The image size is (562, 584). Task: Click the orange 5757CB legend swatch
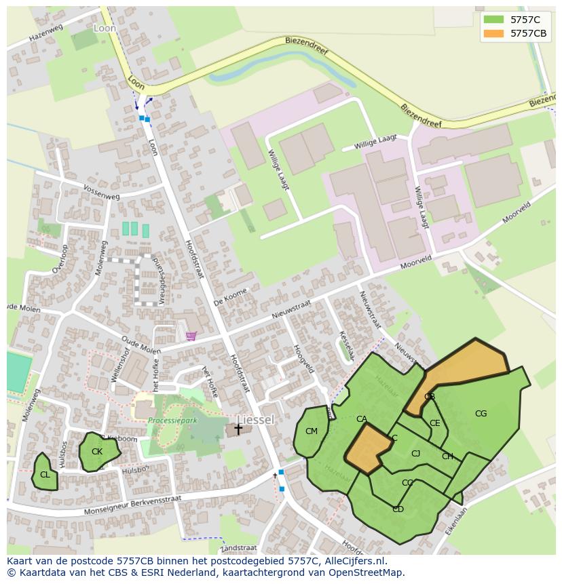[x=493, y=33]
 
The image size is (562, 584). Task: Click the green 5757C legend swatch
[x=493, y=20]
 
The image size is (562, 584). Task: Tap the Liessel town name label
[x=256, y=420]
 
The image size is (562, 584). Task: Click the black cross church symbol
[x=238, y=429]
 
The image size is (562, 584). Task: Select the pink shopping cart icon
[x=191, y=336]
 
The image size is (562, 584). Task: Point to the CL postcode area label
[x=45, y=475]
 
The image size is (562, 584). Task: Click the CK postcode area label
[x=97, y=452]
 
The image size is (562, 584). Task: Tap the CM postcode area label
[x=312, y=431]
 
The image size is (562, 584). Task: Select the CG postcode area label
[x=481, y=414]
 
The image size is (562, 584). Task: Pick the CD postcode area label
[x=398, y=509]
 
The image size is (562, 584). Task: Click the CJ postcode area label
[x=415, y=454]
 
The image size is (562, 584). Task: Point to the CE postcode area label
[x=435, y=423]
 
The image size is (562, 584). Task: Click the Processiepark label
[x=172, y=421]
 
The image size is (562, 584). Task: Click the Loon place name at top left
[x=105, y=28]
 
